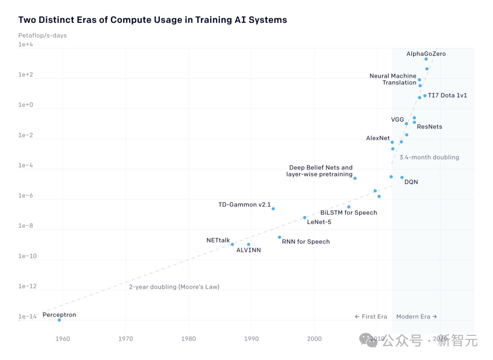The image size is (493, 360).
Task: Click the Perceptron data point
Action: (59, 320)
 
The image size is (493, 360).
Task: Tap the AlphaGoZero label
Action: (426, 54)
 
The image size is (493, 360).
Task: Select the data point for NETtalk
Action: (232, 244)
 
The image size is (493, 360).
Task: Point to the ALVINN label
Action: (248, 250)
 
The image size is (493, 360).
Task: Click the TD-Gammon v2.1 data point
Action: (273, 209)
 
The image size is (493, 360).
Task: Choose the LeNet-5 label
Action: (319, 222)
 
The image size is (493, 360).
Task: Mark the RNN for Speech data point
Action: (279, 237)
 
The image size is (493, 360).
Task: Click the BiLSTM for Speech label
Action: (348, 212)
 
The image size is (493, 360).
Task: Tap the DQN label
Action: (411, 182)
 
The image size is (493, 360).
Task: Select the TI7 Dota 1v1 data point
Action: (425, 95)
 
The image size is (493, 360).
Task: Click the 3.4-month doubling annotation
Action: (429, 157)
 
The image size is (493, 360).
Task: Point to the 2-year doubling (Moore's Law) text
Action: (174, 287)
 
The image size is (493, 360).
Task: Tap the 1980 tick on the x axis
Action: (189, 339)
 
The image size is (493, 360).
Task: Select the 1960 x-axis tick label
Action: (63, 339)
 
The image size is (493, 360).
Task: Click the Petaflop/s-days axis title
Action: (42, 36)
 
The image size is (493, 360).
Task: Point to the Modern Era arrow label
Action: (416, 317)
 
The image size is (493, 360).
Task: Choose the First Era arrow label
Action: (371, 317)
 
